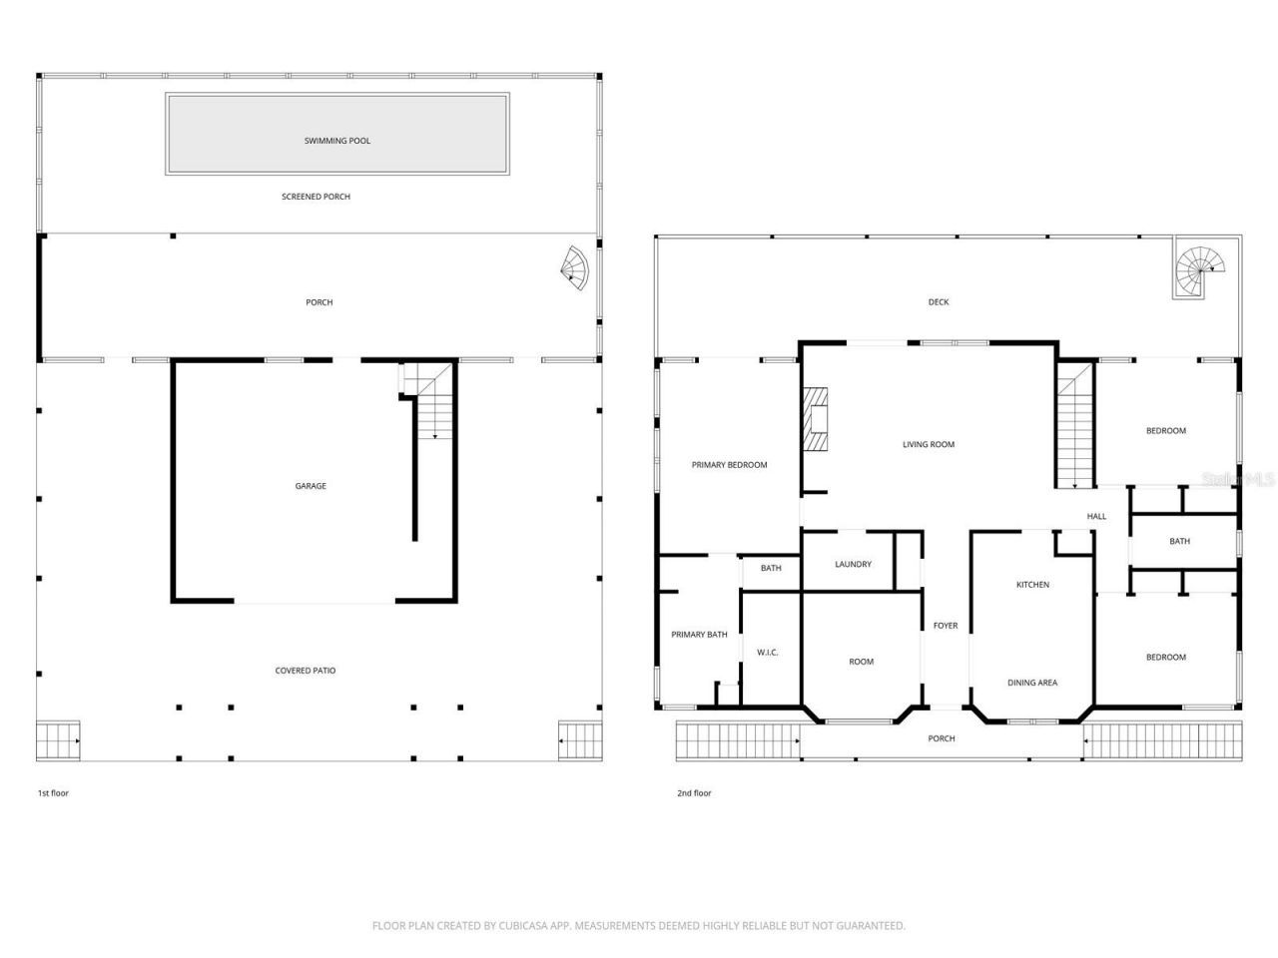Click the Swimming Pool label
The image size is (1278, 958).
click(337, 141)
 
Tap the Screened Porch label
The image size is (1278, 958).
click(316, 197)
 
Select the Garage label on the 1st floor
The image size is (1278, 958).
click(311, 486)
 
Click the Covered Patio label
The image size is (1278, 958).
click(306, 671)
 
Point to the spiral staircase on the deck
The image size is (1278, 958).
click(1196, 266)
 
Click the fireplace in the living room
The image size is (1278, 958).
click(818, 420)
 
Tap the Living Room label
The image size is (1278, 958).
click(929, 444)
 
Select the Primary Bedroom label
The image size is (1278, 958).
click(729, 465)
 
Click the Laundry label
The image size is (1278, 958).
click(853, 564)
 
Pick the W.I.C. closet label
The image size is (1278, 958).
click(767, 653)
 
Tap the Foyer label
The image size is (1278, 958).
click(945, 626)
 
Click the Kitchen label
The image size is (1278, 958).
click(1032, 585)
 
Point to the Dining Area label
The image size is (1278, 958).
click(1032, 683)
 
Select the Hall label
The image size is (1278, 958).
click(1096, 516)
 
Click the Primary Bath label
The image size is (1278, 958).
click(699, 635)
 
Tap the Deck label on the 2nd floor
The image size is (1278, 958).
click(939, 301)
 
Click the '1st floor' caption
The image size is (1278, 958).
click(53, 793)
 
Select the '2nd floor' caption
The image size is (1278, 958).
click(694, 793)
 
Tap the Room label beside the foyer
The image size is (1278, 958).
click(861, 662)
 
